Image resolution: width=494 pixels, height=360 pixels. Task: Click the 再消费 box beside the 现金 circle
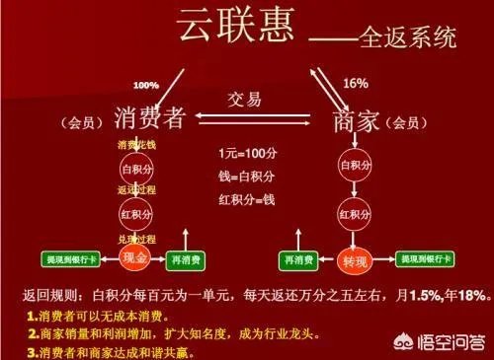tap(188, 259)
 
